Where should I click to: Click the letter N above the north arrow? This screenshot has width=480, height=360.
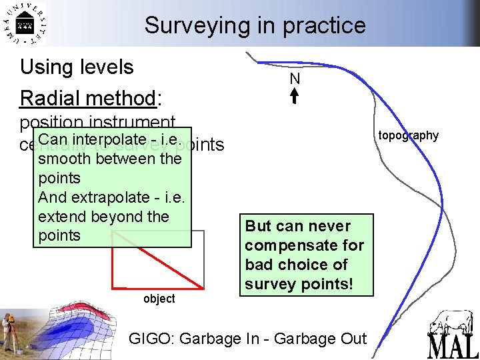click(295, 79)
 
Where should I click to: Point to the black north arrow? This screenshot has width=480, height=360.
click(295, 97)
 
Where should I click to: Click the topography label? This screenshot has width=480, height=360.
click(408, 135)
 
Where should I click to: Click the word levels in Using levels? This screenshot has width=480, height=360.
click(106, 67)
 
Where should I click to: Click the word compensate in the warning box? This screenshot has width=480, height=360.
click(292, 245)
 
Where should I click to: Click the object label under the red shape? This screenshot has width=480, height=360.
click(159, 299)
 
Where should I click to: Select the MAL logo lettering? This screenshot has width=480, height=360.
click(453, 344)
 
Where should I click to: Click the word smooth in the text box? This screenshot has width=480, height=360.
click(65, 159)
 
